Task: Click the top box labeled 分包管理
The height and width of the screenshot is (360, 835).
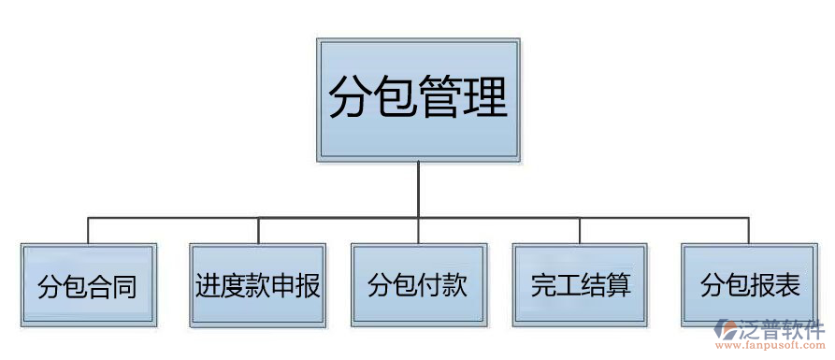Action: (418, 97)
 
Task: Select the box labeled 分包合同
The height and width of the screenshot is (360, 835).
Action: (88, 285)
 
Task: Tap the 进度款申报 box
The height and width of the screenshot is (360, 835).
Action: (258, 285)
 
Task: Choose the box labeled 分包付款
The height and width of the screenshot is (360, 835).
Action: (418, 285)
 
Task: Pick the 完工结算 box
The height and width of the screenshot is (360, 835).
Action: (580, 285)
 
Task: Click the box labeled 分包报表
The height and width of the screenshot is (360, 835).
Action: (749, 285)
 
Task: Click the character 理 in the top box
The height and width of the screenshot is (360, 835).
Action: (485, 97)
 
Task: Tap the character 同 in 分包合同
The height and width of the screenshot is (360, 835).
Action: (125, 286)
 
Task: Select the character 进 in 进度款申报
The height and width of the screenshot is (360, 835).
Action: (208, 285)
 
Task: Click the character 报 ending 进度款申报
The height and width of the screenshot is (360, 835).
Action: (309, 285)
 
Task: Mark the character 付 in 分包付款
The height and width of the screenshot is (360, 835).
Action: (430, 285)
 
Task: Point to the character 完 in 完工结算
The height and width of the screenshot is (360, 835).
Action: (542, 285)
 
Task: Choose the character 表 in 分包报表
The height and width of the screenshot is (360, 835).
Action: (787, 285)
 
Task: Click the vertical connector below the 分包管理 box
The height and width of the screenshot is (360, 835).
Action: (418, 187)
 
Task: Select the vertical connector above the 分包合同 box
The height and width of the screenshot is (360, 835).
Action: (88, 230)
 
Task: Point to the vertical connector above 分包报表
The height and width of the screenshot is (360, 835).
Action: (749, 230)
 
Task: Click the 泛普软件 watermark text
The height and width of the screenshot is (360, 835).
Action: (782, 330)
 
